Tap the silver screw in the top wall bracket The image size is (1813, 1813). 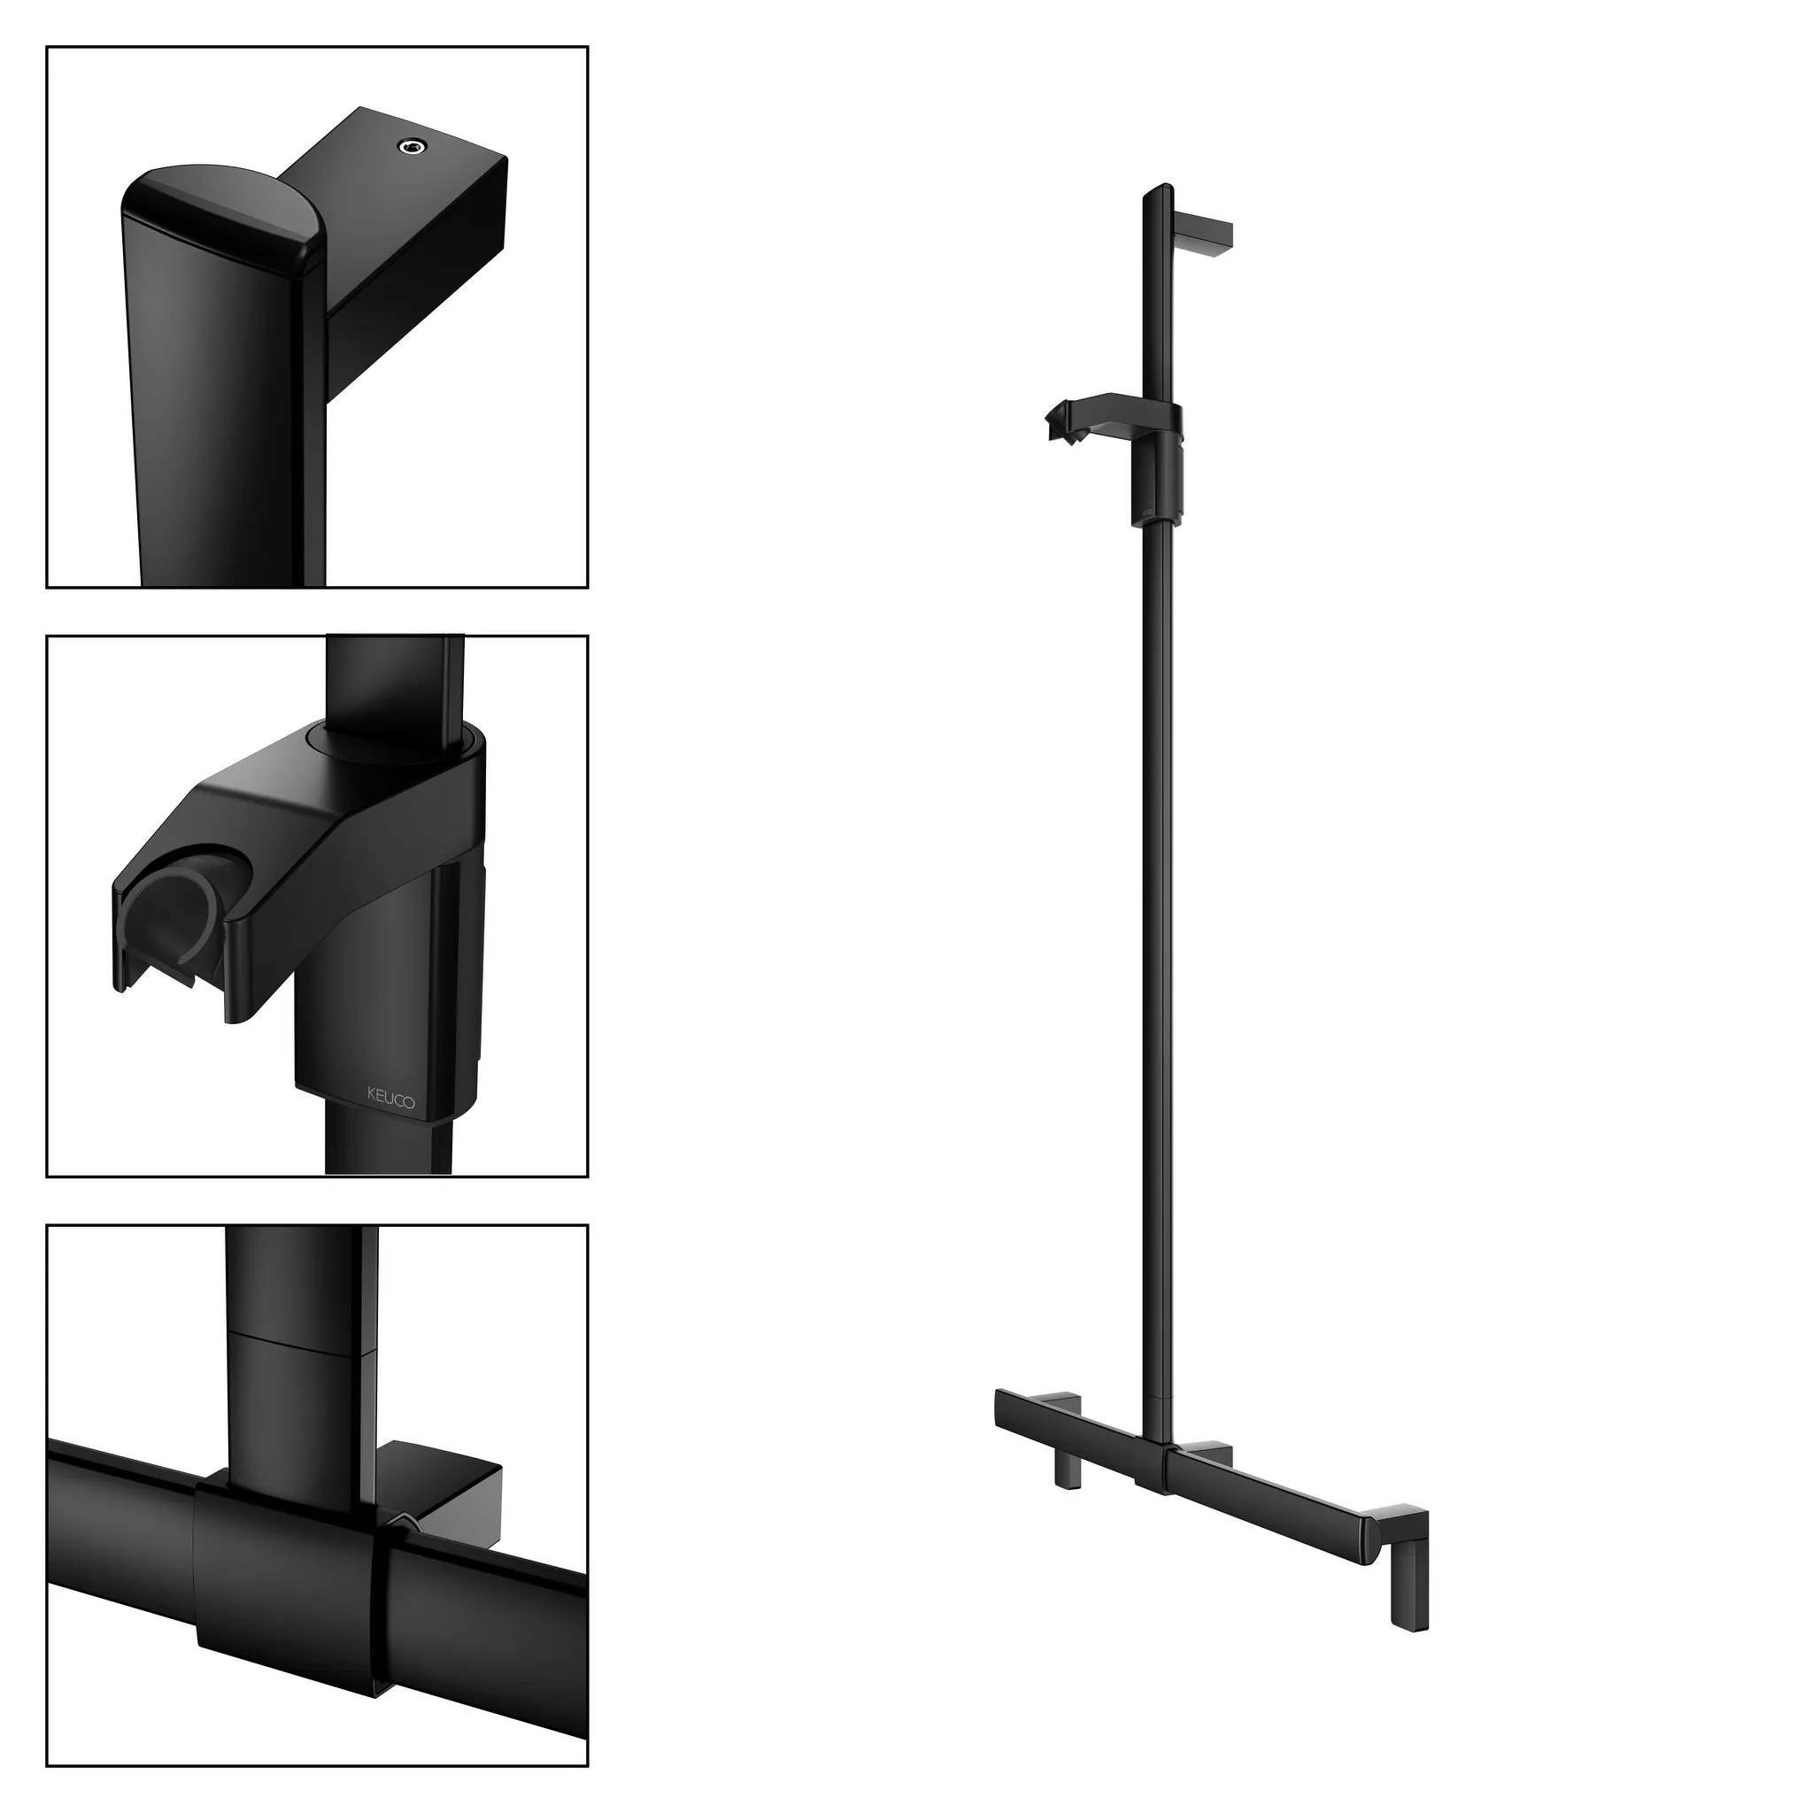click(x=411, y=144)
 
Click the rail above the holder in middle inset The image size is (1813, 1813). click(x=394, y=685)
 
